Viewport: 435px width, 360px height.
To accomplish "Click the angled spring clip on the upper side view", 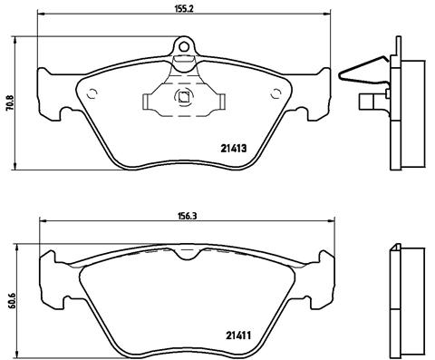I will tap(362, 70).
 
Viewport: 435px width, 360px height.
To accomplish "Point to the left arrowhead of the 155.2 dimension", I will tap(40, 15).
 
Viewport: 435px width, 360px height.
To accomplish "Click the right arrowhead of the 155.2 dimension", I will tap(327, 15).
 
